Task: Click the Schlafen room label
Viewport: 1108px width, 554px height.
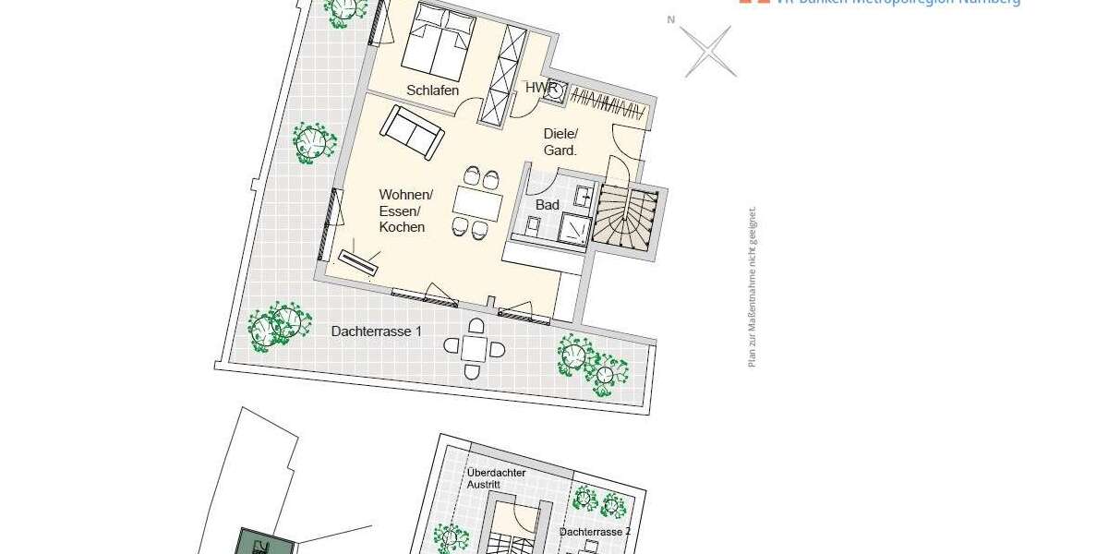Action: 432,90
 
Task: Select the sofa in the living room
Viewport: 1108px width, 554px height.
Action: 414,130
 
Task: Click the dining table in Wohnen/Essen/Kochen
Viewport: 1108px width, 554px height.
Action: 477,202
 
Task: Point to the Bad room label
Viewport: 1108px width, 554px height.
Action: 548,205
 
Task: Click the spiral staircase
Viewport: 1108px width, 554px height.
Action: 627,221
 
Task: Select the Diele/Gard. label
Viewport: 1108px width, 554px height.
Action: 560,142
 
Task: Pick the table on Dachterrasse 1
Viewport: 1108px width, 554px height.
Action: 475,348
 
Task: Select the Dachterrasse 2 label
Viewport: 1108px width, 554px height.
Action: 595,533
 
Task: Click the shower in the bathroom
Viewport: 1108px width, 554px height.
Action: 574,228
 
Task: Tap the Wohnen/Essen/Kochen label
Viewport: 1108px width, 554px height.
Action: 405,211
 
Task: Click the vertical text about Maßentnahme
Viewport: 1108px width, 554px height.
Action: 752,286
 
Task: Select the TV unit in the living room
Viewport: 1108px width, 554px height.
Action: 359,262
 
